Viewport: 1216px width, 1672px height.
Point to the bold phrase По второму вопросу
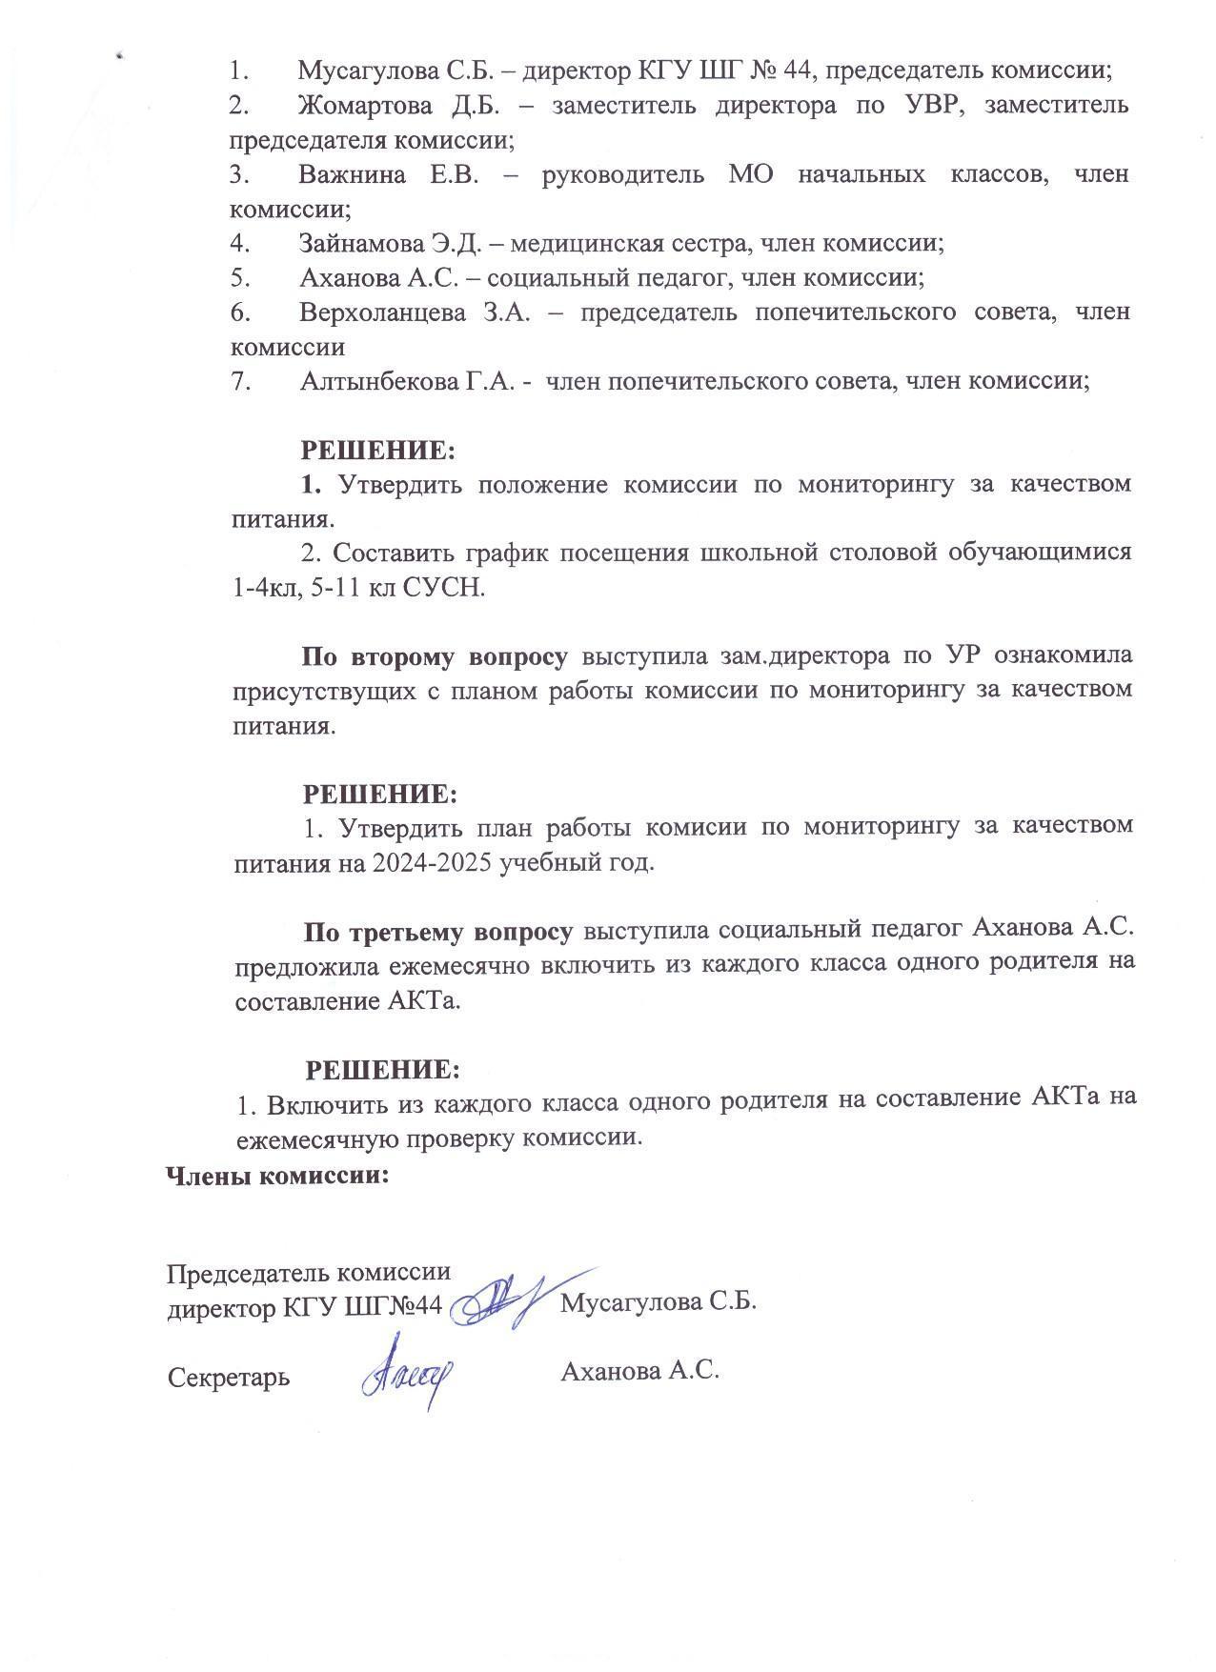click(435, 656)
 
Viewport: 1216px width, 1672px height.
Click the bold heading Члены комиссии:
click(278, 1176)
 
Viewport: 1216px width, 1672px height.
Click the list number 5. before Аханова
click(239, 278)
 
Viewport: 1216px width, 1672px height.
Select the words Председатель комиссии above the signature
click(309, 1273)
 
